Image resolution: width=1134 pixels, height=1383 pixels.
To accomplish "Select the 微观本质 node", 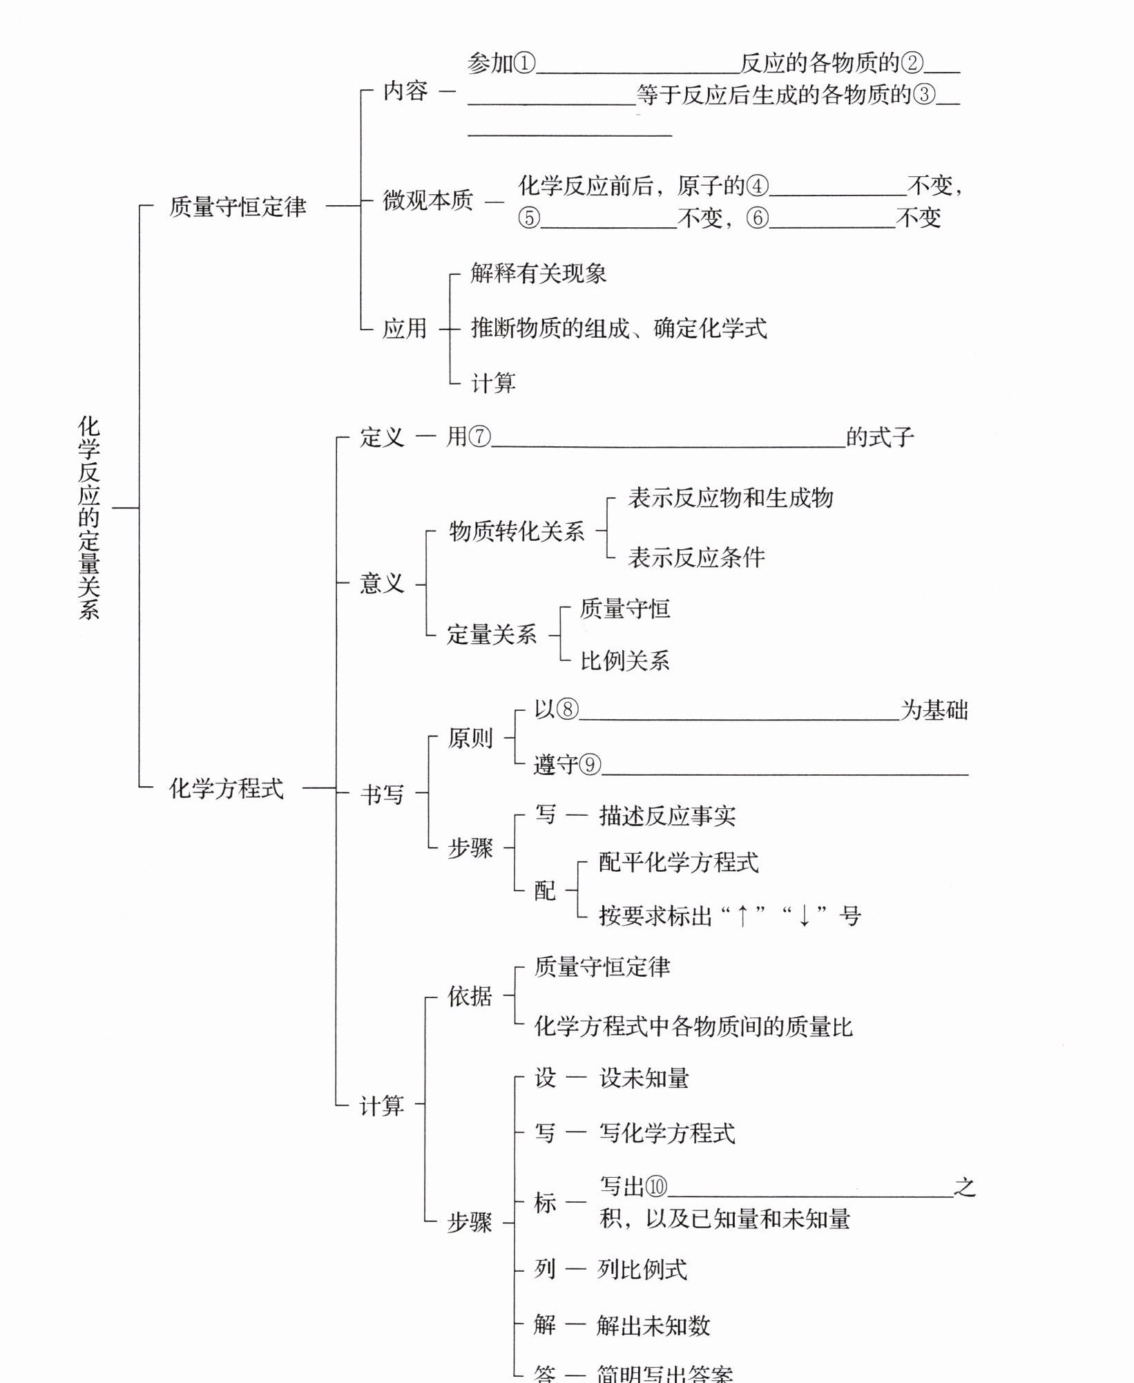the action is tap(428, 200).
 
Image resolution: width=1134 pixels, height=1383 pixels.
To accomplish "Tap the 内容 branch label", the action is tap(405, 91).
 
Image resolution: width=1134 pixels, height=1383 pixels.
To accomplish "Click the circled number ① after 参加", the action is tap(524, 64).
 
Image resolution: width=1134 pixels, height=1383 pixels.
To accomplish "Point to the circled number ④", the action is tap(757, 186).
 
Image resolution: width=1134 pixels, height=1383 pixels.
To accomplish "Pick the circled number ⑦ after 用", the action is tap(479, 437).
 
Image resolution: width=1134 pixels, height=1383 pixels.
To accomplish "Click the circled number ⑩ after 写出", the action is tap(656, 1187).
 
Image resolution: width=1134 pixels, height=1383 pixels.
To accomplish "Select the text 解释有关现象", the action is tap(539, 274).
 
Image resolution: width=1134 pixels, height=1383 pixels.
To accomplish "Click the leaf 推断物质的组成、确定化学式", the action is tap(619, 328).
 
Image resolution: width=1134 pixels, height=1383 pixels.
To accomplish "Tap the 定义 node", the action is tap(381, 437).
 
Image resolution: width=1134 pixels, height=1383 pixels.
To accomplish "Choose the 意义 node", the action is tap(381, 584).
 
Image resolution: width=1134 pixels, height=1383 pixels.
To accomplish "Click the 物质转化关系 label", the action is tap(517, 531).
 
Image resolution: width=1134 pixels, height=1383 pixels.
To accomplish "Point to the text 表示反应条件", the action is tap(696, 557).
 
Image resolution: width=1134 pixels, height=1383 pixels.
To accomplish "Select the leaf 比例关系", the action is tap(625, 661).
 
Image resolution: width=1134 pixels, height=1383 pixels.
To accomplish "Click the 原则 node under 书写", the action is tap(470, 738).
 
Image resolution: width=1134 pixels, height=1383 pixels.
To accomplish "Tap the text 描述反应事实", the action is tap(667, 816).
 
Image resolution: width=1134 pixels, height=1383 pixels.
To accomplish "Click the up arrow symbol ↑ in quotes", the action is tap(742, 917).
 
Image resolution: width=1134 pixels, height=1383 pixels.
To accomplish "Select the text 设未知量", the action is tap(644, 1078).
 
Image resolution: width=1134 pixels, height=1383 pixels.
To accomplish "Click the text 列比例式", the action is tap(642, 1269).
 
